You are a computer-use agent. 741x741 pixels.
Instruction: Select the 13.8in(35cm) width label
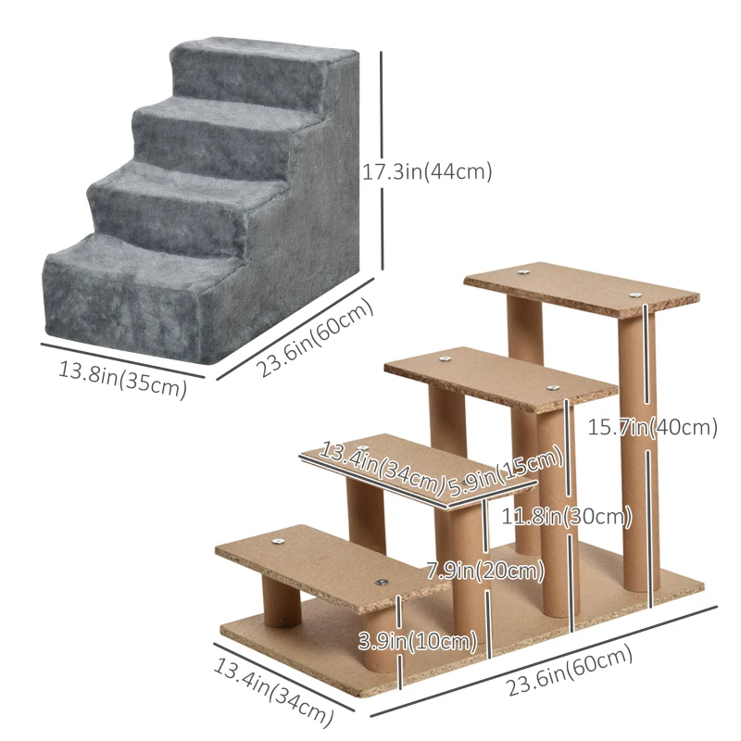pos(123,380)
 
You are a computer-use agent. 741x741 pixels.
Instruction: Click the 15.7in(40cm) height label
pos(654,427)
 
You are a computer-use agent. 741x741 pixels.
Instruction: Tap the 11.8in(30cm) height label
pos(566,516)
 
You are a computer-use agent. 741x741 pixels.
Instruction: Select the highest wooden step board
pos(581,288)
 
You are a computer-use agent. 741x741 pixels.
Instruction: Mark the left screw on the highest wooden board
pos(525,273)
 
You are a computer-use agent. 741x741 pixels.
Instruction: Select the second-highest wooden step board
pos(500,377)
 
